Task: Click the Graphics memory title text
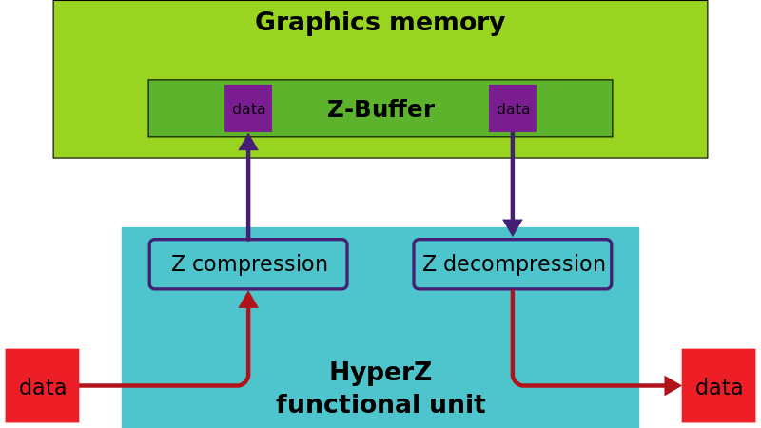coord(380,23)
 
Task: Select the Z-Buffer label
coord(380,109)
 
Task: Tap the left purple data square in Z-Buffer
coord(248,108)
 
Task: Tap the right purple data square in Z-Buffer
coord(513,108)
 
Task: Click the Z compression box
coord(248,264)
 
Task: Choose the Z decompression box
coord(513,264)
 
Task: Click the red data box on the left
coord(43,386)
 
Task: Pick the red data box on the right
coord(718,386)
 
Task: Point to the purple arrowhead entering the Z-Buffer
coord(248,143)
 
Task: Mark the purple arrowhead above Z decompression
coord(513,226)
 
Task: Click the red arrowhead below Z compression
coord(248,300)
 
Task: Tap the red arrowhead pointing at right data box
coord(672,385)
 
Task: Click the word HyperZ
coord(380,373)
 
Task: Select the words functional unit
coord(380,405)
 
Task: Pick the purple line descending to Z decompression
coord(513,176)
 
